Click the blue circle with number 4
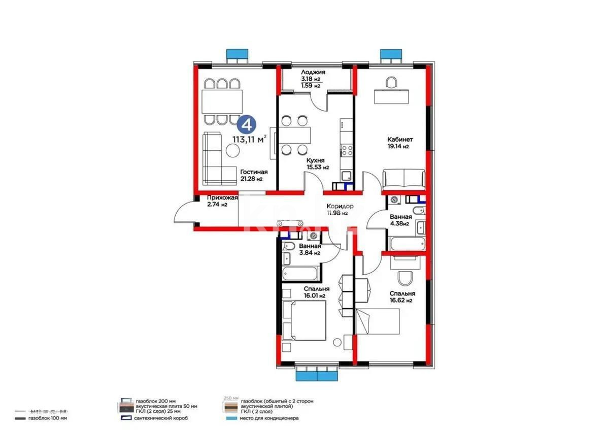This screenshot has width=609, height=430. coord(247,123)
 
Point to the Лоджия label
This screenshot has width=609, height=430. coord(313,73)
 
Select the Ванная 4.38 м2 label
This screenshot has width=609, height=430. coord(400,220)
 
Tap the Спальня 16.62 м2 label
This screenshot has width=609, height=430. coord(402,296)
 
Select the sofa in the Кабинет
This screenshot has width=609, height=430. coord(403,179)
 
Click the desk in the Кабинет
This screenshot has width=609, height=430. coord(391,96)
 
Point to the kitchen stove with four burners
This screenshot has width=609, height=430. coord(347,150)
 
